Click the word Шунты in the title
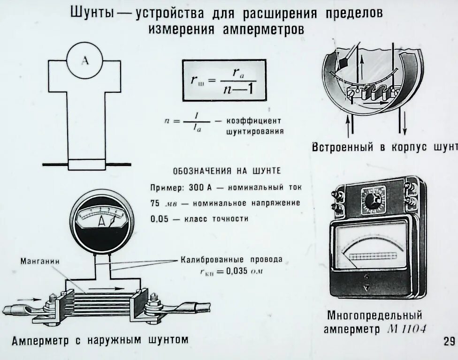pyautogui.click(x=92, y=13)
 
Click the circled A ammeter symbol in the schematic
pyautogui.click(x=85, y=61)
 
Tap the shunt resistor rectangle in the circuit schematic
pyautogui.click(x=87, y=165)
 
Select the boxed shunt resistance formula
pyautogui.click(x=224, y=80)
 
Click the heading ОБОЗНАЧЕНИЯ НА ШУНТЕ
pyautogui.click(x=227, y=171)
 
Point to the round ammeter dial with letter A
pyautogui.click(x=101, y=221)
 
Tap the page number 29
pyautogui.click(x=449, y=341)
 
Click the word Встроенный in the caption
pyautogui.click(x=342, y=147)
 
